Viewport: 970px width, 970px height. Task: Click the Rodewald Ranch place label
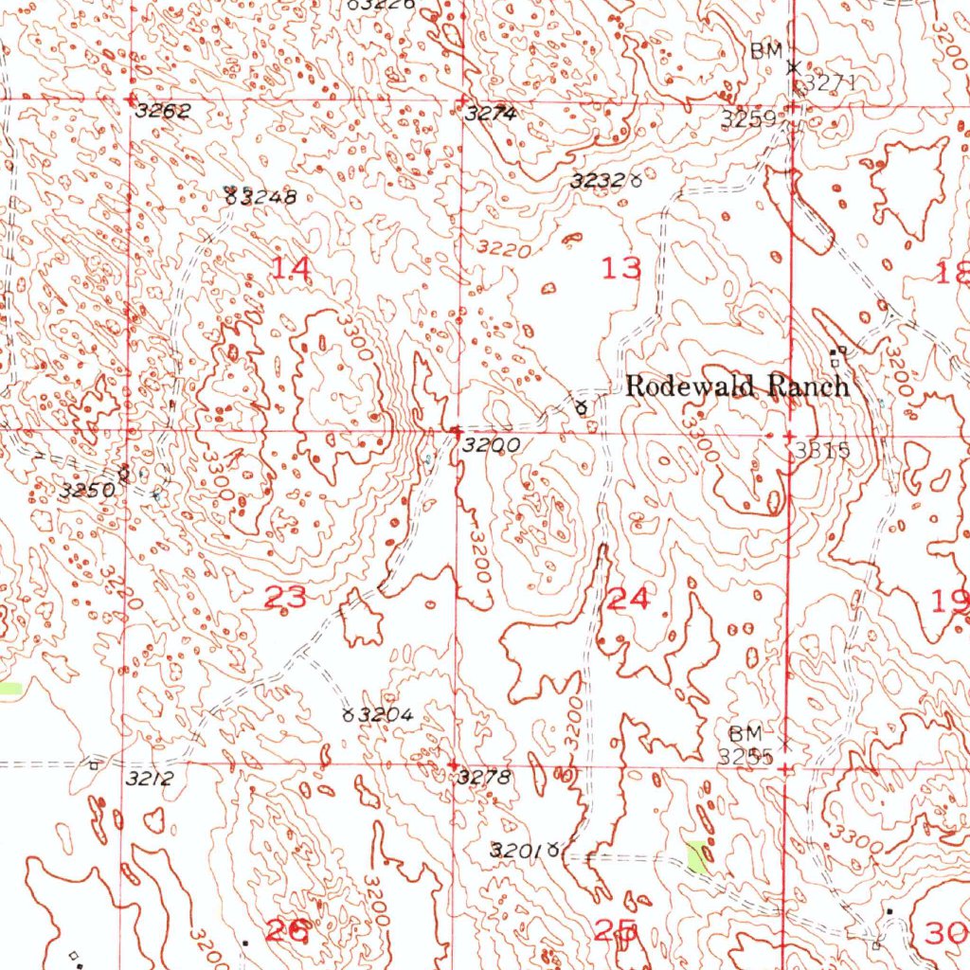[737, 386]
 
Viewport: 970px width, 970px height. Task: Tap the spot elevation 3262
[163, 111]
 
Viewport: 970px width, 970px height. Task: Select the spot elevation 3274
[491, 114]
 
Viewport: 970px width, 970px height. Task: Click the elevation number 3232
[598, 180]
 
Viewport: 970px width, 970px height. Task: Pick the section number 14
[290, 268]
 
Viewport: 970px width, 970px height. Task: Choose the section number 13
[621, 268]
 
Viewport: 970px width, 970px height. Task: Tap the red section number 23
[285, 598]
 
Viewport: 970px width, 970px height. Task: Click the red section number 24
[629, 598]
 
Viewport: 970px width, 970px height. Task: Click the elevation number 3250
[87, 491]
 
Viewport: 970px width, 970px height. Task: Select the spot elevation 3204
[385, 715]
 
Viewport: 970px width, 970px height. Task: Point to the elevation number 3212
[149, 779]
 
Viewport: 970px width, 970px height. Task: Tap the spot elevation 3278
[484, 779]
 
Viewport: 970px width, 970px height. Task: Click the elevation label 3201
[516, 851]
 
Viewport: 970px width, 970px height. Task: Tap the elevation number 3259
[748, 119]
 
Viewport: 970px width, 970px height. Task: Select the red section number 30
[946, 933]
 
